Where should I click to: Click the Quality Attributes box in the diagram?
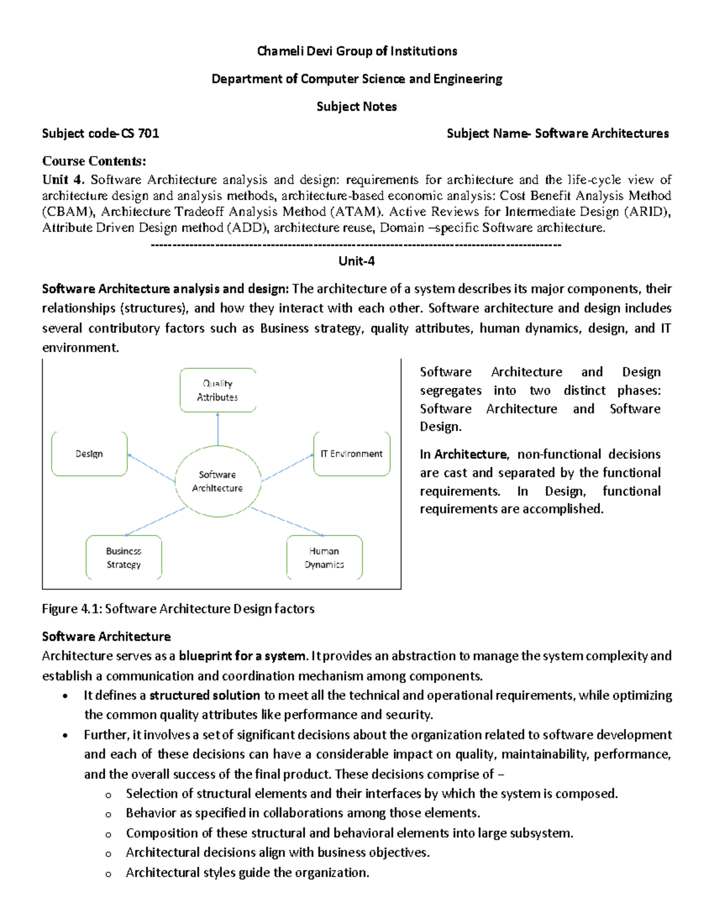click(218, 390)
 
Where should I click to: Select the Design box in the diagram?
click(89, 454)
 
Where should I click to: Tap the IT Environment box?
click(352, 454)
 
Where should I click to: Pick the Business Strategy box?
click(124, 557)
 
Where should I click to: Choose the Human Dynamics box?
click(324, 557)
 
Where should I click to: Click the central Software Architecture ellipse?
click(218, 481)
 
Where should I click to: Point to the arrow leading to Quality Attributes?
click(218, 429)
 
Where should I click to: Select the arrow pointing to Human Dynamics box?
click(287, 522)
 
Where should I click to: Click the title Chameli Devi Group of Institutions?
click(357, 51)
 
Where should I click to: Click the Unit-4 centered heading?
click(356, 261)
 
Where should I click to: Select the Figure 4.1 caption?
click(178, 609)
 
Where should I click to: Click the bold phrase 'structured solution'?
click(205, 695)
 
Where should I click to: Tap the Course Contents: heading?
click(94, 161)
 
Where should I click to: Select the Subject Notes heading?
click(356, 107)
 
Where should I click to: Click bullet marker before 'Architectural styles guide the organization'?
click(108, 874)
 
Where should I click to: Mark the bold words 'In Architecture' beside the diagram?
click(464, 455)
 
